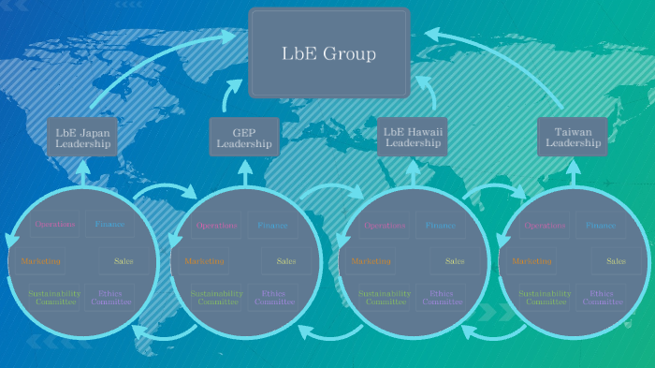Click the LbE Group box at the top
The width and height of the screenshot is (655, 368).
(328, 53)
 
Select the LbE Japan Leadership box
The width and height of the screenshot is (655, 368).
(82, 139)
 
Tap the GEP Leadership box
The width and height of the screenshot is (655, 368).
(244, 139)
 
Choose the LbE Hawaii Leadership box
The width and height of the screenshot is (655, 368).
(413, 138)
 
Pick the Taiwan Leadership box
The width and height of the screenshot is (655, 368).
(572, 138)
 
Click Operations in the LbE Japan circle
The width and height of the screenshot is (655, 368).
(56, 225)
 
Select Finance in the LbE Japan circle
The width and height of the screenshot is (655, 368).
(109, 225)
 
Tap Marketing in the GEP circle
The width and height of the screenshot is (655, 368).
(205, 260)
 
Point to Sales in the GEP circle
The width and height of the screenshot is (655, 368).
(285, 260)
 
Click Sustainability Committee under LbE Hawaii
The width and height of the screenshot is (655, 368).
(386, 298)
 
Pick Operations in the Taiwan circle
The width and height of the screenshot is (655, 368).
(545, 226)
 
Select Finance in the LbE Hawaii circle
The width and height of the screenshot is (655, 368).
(441, 226)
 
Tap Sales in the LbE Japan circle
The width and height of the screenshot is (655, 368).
(124, 260)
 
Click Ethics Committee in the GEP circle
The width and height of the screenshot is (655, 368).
(274, 298)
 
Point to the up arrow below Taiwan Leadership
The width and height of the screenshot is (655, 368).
(572, 172)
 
